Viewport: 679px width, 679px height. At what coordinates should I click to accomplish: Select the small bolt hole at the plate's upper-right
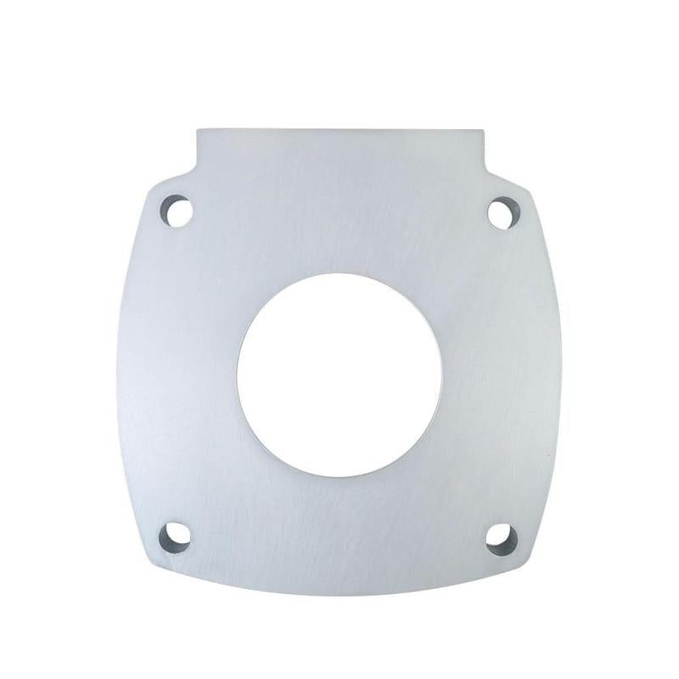click(502, 210)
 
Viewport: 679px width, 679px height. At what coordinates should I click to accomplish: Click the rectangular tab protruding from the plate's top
click(339, 149)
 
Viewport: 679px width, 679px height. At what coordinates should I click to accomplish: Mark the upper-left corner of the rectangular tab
click(199, 130)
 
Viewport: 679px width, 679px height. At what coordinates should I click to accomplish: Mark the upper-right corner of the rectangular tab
click(480, 130)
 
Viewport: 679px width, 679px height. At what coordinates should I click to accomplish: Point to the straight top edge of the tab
click(339, 130)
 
